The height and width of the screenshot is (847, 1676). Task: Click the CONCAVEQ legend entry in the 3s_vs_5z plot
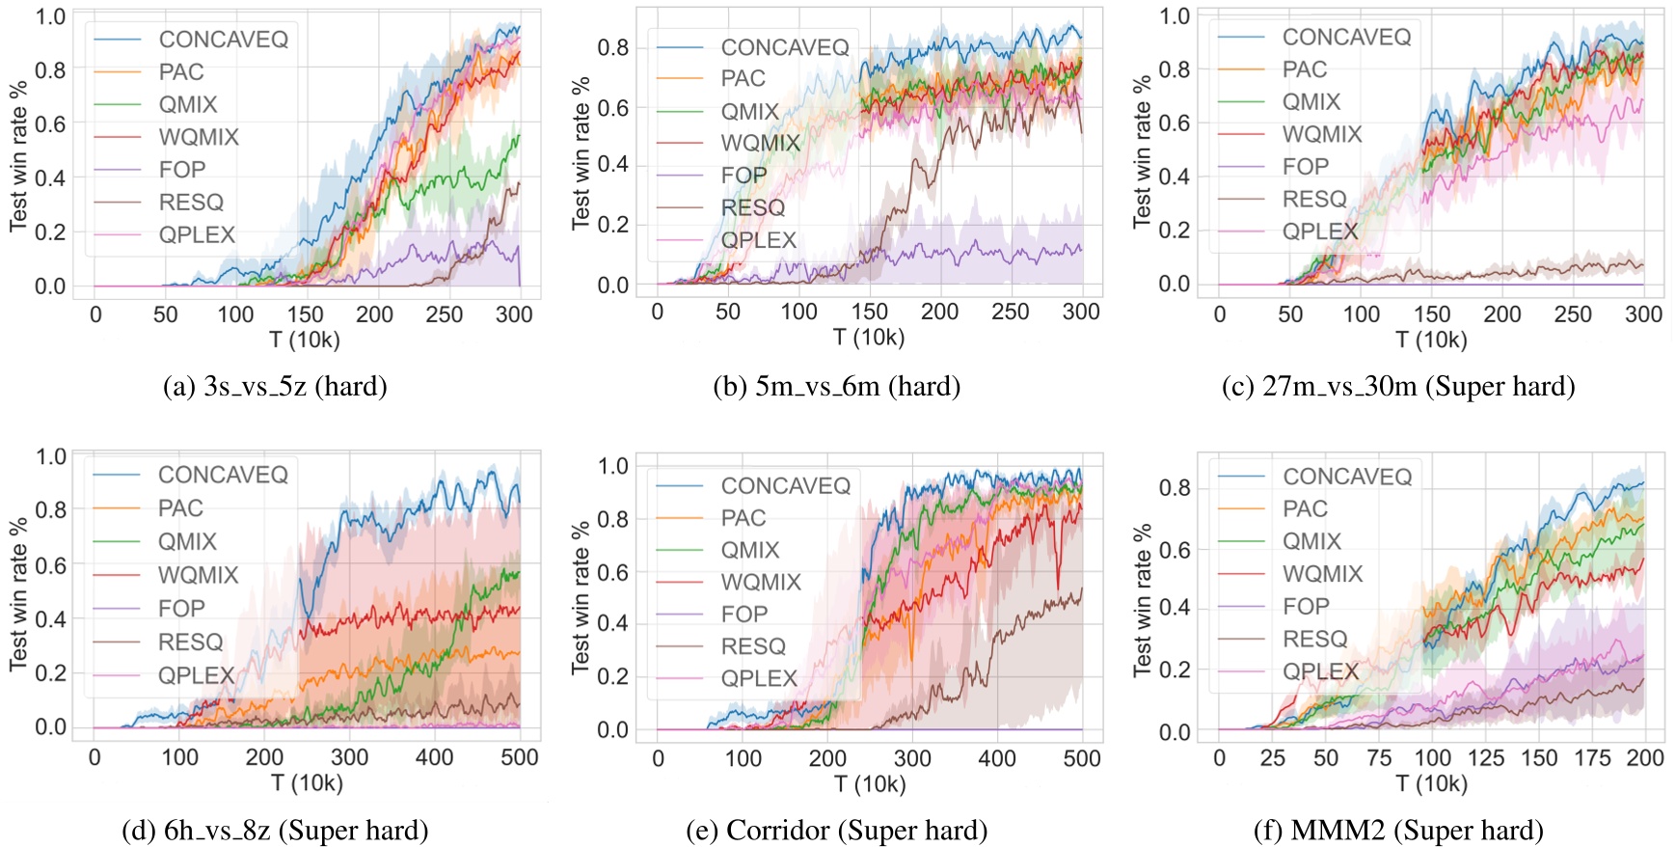pyautogui.click(x=223, y=40)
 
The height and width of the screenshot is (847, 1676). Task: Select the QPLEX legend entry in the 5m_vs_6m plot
pyautogui.click(x=758, y=240)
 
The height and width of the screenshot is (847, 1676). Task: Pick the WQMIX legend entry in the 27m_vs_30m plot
pyautogui.click(x=1321, y=134)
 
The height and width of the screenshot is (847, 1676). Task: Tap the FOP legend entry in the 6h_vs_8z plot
pyautogui.click(x=181, y=609)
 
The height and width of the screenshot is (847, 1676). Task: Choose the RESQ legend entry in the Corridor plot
pyautogui.click(x=753, y=646)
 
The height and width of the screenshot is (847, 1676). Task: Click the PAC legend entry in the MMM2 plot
pyautogui.click(x=1305, y=509)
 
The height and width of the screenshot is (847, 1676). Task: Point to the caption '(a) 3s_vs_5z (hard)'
pyautogui.click(x=276, y=387)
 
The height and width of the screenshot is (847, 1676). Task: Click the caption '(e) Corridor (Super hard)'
pyautogui.click(x=837, y=831)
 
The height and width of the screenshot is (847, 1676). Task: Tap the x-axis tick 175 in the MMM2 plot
pyautogui.click(x=1592, y=758)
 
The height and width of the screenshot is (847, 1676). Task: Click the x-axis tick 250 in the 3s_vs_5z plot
pyautogui.click(x=445, y=314)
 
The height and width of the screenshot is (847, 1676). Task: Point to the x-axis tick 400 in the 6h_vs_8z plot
pyautogui.click(x=434, y=758)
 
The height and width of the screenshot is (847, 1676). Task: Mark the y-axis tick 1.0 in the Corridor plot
pyautogui.click(x=613, y=467)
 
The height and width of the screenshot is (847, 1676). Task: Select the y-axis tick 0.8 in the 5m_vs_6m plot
pyautogui.click(x=613, y=48)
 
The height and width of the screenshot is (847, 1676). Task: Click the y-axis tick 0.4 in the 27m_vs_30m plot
pyautogui.click(x=1174, y=177)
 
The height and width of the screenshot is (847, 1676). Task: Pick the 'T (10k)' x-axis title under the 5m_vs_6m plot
pyautogui.click(x=869, y=338)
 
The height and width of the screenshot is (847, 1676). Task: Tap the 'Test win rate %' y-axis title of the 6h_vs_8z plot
pyautogui.click(x=18, y=594)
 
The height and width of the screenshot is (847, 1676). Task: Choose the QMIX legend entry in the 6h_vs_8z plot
pyautogui.click(x=187, y=542)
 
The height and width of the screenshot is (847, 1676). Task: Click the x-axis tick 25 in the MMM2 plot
pyautogui.click(x=1273, y=758)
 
